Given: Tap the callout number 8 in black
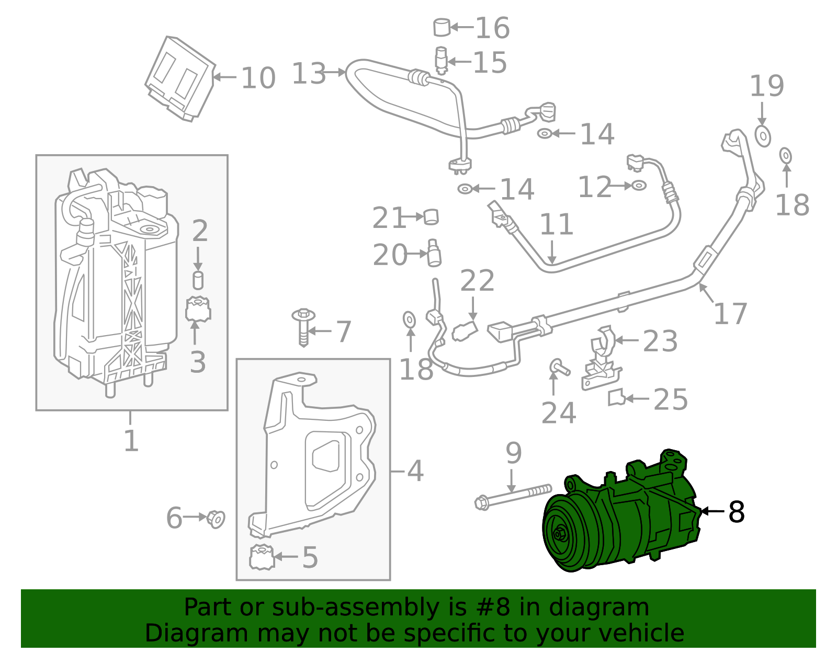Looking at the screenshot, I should (x=736, y=512).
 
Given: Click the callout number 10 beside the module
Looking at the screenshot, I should (x=258, y=78).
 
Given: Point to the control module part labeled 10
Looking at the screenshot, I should (x=179, y=78).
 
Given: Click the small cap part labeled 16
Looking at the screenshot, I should (x=442, y=27).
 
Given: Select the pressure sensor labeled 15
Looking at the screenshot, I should (x=441, y=60).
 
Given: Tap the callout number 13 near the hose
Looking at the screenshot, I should (x=309, y=73).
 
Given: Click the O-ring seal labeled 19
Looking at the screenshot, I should (x=763, y=136).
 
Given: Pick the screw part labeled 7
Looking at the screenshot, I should (x=303, y=327).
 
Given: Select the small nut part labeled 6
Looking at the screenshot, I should (x=216, y=518).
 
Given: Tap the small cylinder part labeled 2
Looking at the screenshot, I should (x=198, y=280).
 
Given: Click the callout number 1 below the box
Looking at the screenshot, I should (x=131, y=441).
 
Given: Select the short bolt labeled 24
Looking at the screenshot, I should (x=559, y=367).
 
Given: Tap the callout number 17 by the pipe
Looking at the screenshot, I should (x=730, y=314).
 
